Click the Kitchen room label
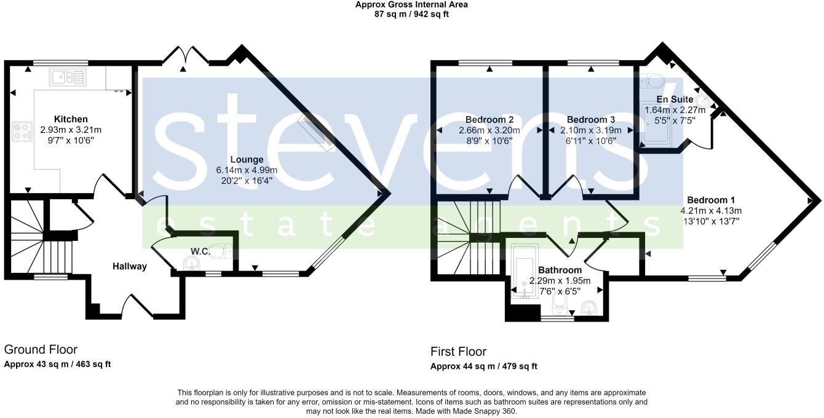pyautogui.click(x=71, y=119)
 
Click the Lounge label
pyautogui.click(x=248, y=160)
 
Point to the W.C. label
pyautogui.click(x=198, y=251)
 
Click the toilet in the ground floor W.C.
pyautogui.click(x=222, y=251)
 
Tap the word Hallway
pyautogui.click(x=130, y=266)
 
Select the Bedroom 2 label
pyautogui.click(x=489, y=119)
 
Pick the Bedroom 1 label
pyautogui.click(x=711, y=200)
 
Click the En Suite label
pyautogui.click(x=675, y=100)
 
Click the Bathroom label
pyautogui.click(x=560, y=270)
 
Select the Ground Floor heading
pyautogui.click(x=41, y=350)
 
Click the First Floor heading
pyautogui.click(x=458, y=352)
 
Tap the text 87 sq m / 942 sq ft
pyautogui.click(x=411, y=14)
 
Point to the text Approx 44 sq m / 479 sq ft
pyautogui.click(x=483, y=366)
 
